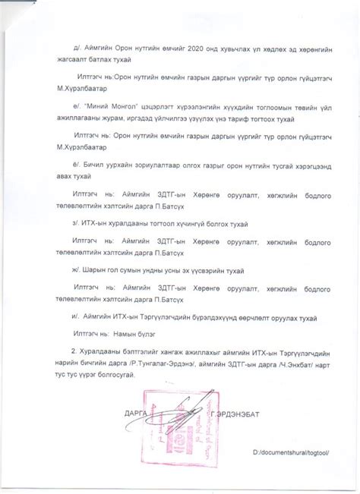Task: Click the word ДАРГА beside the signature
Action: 133,414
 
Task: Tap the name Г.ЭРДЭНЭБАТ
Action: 237,414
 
